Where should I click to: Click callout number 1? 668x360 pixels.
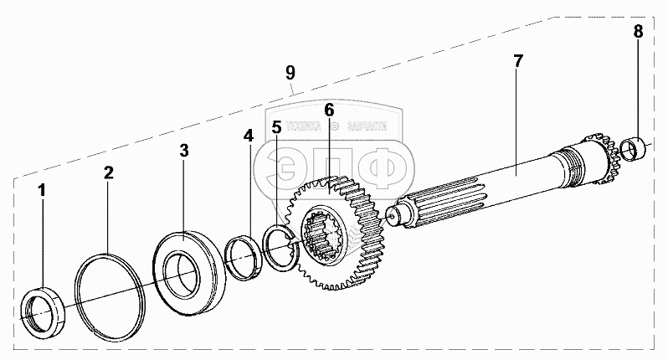(x=43, y=191)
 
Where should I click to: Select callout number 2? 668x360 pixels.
(x=109, y=172)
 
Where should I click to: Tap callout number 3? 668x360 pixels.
(x=184, y=151)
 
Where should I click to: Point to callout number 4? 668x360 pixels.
(x=248, y=135)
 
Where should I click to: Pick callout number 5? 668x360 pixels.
(x=277, y=127)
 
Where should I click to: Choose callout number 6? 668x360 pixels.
(x=329, y=110)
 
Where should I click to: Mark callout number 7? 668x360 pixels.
(x=518, y=61)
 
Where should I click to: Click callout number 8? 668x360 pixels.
(x=639, y=33)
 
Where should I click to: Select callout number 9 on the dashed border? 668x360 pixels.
(x=290, y=72)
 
